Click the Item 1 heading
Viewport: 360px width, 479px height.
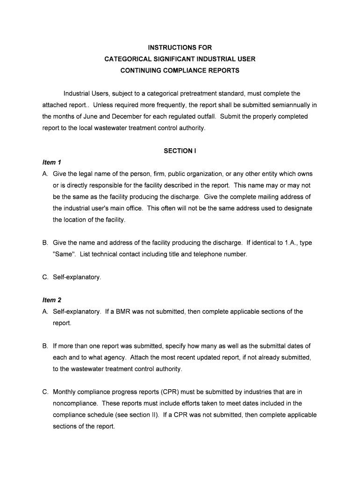tap(52, 162)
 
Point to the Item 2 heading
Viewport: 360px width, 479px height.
tap(52, 300)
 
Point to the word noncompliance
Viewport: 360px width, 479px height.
tap(75, 403)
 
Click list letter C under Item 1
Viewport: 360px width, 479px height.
tap(45, 277)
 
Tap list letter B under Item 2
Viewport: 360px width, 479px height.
tap(45, 346)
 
